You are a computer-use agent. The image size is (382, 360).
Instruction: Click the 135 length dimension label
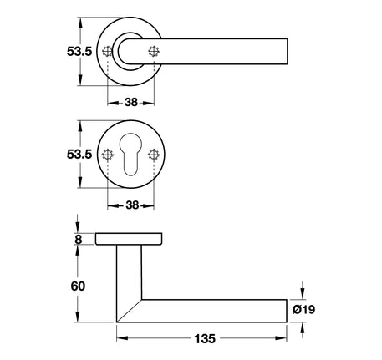[205, 339]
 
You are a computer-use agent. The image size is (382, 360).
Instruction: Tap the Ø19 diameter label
[304, 309]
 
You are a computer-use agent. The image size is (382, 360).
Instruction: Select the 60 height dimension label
[78, 286]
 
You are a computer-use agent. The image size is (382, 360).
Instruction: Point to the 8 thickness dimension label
[79, 240]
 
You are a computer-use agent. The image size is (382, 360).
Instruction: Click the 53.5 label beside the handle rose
[79, 52]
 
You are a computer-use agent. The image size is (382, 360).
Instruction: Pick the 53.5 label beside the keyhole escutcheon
[79, 155]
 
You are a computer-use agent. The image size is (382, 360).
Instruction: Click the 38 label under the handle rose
[131, 103]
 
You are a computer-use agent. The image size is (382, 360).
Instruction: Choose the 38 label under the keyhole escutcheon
[132, 205]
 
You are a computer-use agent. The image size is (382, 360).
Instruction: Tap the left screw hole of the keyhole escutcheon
[108, 155]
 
